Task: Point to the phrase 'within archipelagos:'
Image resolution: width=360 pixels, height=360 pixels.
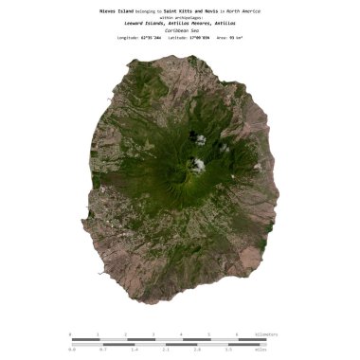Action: [x=180, y=17]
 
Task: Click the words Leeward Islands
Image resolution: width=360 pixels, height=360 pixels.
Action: [x=145, y=23]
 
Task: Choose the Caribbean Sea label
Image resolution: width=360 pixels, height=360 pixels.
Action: [x=180, y=29]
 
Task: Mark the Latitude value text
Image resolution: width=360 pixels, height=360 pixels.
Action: [x=185, y=37]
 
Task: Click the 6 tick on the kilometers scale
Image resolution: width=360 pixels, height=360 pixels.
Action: [x=236, y=334]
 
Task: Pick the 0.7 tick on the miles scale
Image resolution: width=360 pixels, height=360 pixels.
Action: [x=103, y=350]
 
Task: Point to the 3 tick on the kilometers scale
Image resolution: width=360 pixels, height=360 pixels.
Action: [x=153, y=334]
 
